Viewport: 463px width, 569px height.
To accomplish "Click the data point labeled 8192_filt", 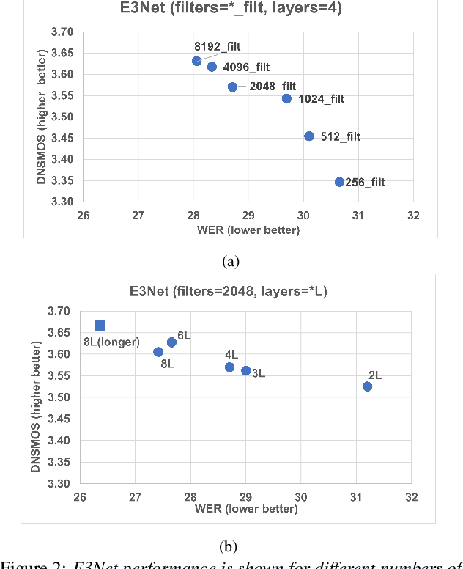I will point(196,61).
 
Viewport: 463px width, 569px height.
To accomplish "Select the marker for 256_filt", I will point(339,182).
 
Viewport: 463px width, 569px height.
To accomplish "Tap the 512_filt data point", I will point(309,136).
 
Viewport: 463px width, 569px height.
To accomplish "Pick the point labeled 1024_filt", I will point(286,98).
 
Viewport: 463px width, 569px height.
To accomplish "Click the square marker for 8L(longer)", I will point(100,326).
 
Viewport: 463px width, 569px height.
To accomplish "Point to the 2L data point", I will point(367,386).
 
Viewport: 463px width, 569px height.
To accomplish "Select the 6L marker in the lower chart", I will point(171,342).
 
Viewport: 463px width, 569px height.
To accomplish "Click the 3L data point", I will point(245,371).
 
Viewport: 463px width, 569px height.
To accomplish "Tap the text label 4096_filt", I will point(245,67).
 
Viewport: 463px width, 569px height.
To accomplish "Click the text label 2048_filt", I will point(272,87).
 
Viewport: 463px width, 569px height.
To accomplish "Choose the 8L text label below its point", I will point(168,362).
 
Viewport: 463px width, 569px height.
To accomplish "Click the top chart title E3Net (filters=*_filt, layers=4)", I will point(231,10).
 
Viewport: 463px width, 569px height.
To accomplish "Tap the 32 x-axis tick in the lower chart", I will point(412,497).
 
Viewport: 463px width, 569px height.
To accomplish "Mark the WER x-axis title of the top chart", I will point(248,230).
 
